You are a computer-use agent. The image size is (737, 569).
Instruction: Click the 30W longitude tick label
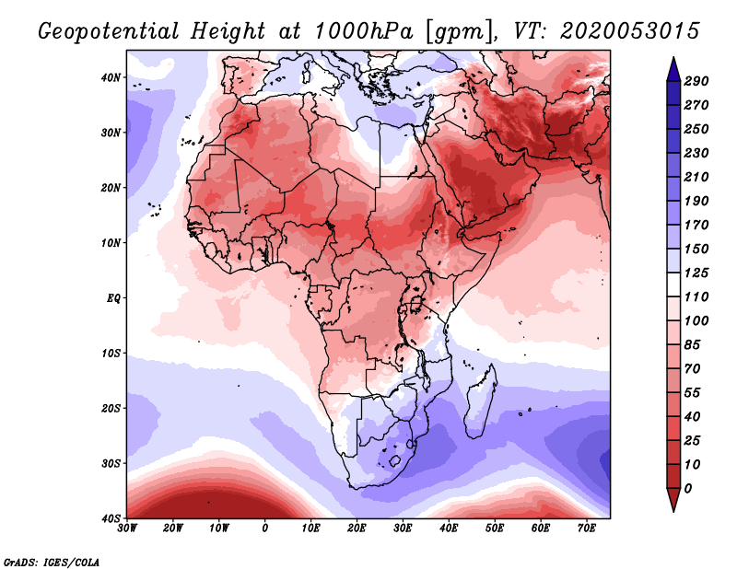(x=127, y=529)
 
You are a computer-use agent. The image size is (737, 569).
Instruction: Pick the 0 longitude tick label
(x=265, y=529)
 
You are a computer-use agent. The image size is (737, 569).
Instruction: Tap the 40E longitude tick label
(x=449, y=529)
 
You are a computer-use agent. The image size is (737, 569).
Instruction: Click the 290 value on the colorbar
(x=696, y=81)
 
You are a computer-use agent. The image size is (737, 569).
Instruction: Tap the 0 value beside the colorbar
(x=689, y=488)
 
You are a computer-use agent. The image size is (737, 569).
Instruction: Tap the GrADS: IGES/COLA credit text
(x=52, y=561)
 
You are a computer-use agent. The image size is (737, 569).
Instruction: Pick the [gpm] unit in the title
(x=458, y=30)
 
